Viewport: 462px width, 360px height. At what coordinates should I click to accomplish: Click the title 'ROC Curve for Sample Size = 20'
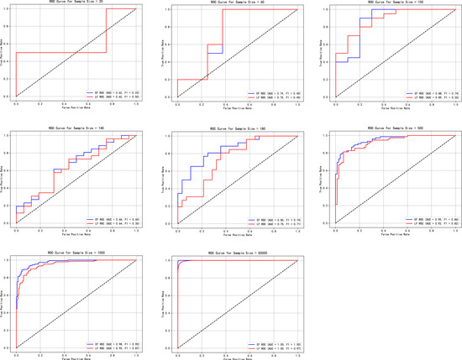click(76, 4)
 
